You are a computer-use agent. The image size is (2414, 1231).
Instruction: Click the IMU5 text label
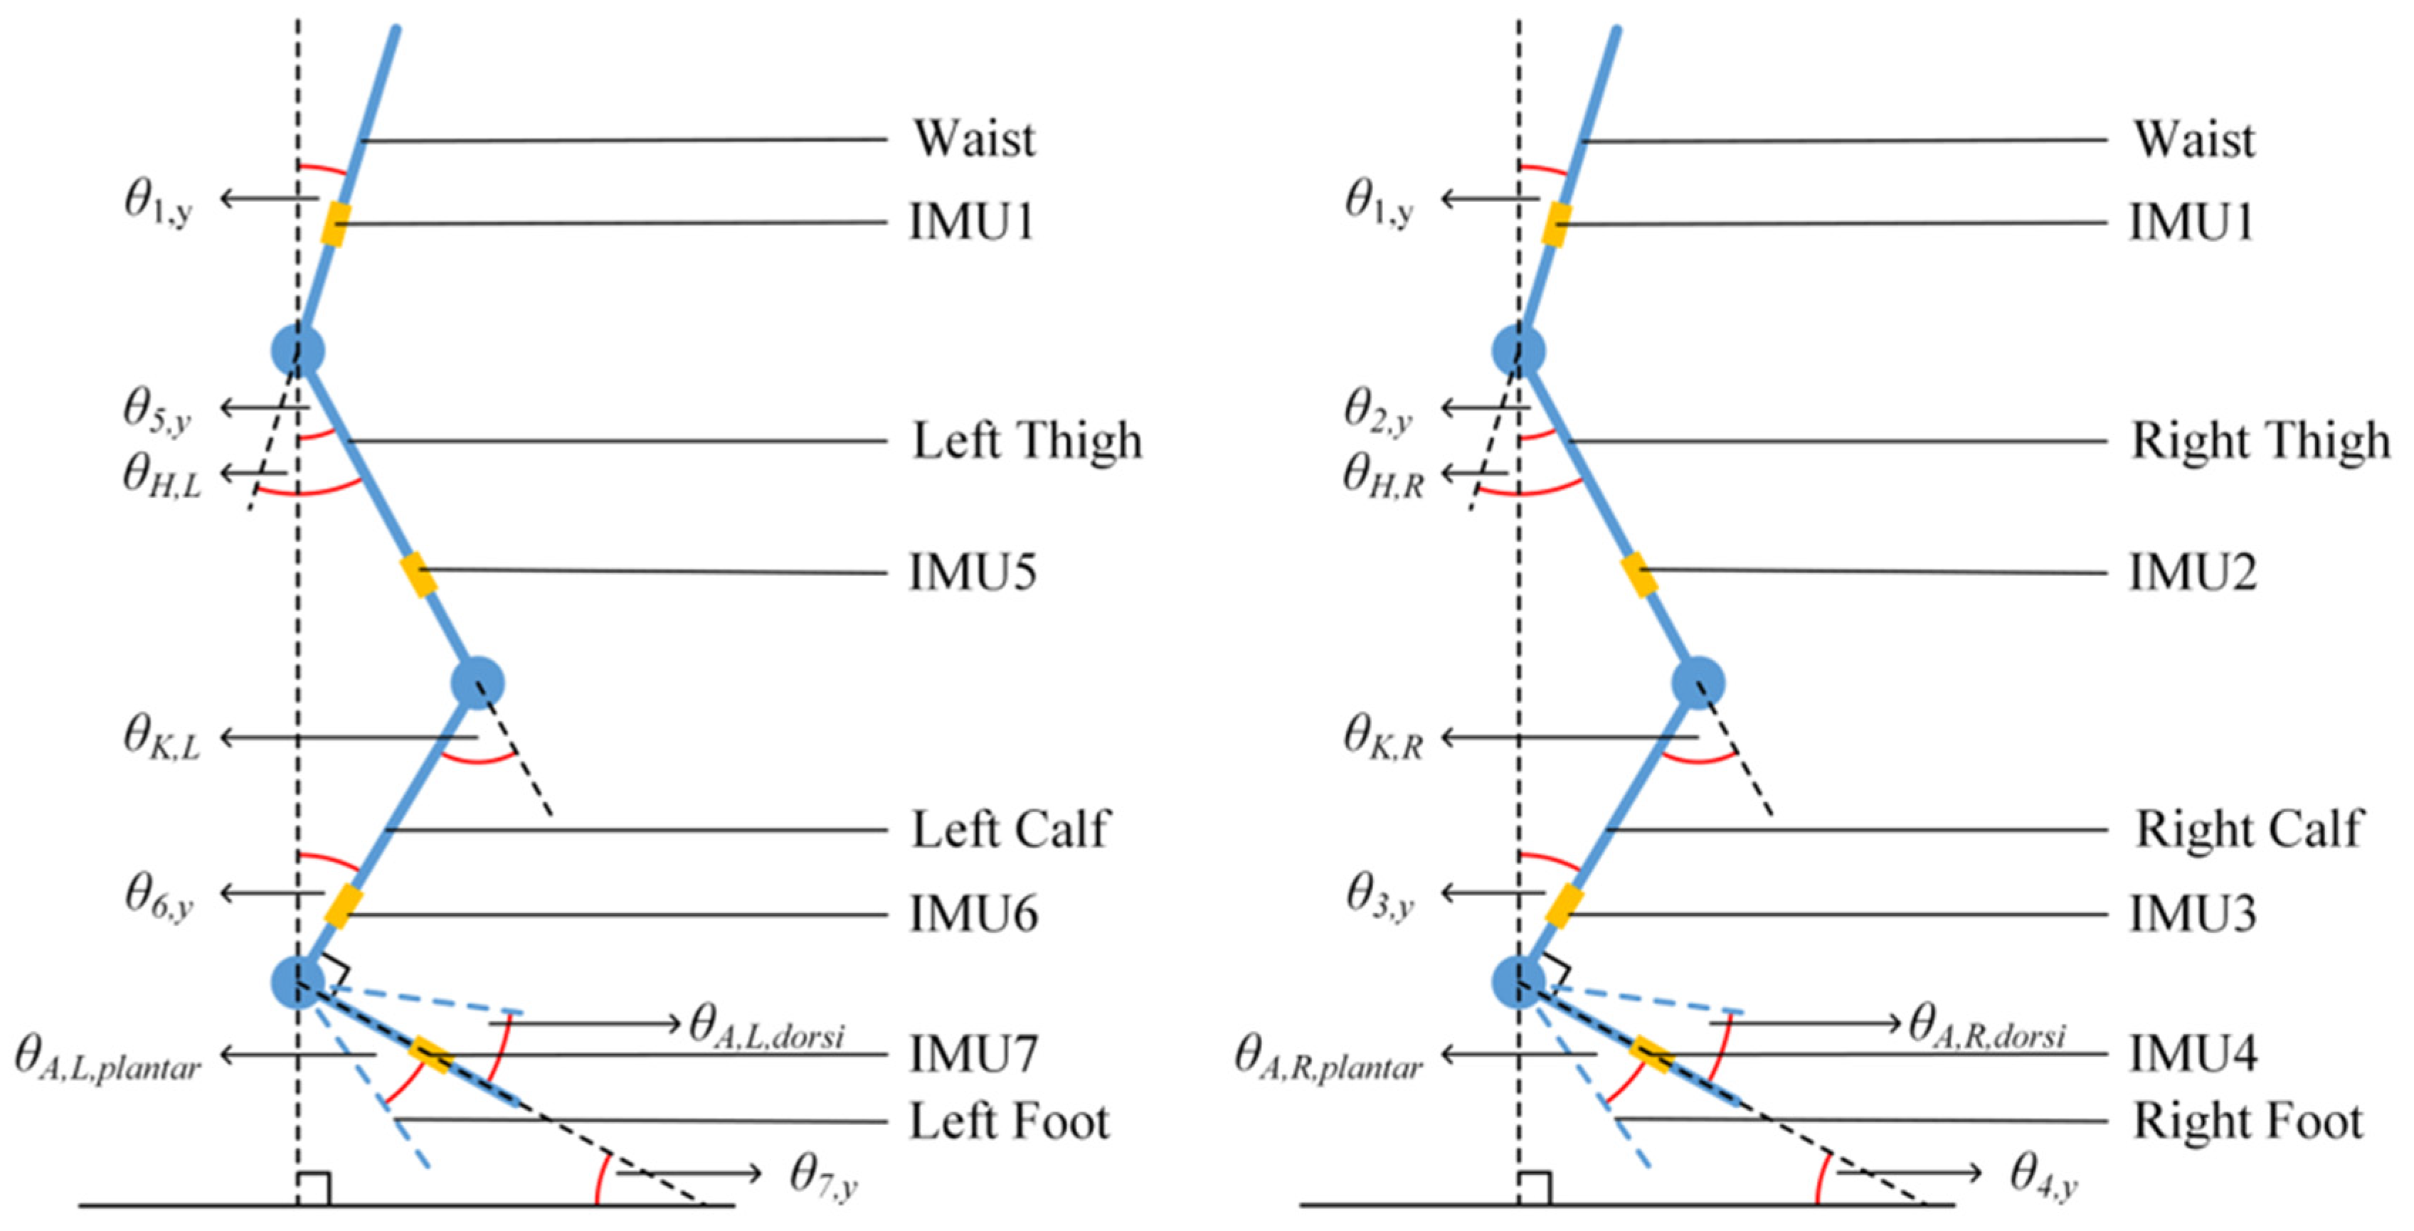973,572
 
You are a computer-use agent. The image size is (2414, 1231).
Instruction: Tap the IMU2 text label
2193,572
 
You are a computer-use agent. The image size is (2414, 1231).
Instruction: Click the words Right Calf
2248,829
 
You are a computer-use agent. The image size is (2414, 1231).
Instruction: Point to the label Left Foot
1010,1121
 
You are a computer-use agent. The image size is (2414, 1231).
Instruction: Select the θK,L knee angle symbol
162,738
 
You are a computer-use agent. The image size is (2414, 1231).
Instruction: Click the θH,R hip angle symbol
1383,476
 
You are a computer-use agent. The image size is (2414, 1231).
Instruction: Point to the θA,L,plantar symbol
107,1059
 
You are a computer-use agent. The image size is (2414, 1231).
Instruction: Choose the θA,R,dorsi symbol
1986,1024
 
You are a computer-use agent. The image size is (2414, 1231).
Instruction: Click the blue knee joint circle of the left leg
478,683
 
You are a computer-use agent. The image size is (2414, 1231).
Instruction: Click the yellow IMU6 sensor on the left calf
343,906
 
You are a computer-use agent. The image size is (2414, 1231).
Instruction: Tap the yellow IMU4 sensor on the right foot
1651,1054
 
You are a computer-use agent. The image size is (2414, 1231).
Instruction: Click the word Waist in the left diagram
975,139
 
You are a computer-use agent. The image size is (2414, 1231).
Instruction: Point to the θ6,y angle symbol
159,895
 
